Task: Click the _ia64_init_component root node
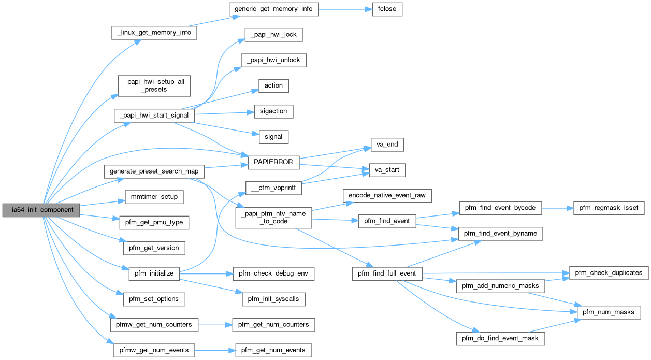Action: tap(41, 210)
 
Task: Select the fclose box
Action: tap(387, 9)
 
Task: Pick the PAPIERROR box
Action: tap(273, 162)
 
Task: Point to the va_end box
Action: tap(387, 145)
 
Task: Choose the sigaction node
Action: tap(273, 111)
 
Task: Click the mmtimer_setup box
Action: tap(154, 197)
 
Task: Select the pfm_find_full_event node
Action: tap(387, 273)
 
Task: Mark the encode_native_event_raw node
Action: tap(387, 195)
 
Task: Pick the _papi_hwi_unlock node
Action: tap(273, 60)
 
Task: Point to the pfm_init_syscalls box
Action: tap(273, 299)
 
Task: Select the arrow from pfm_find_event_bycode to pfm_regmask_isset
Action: tap(557, 208)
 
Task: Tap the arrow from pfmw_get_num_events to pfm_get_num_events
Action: tap(215, 351)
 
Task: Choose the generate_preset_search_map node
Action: tap(154, 171)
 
